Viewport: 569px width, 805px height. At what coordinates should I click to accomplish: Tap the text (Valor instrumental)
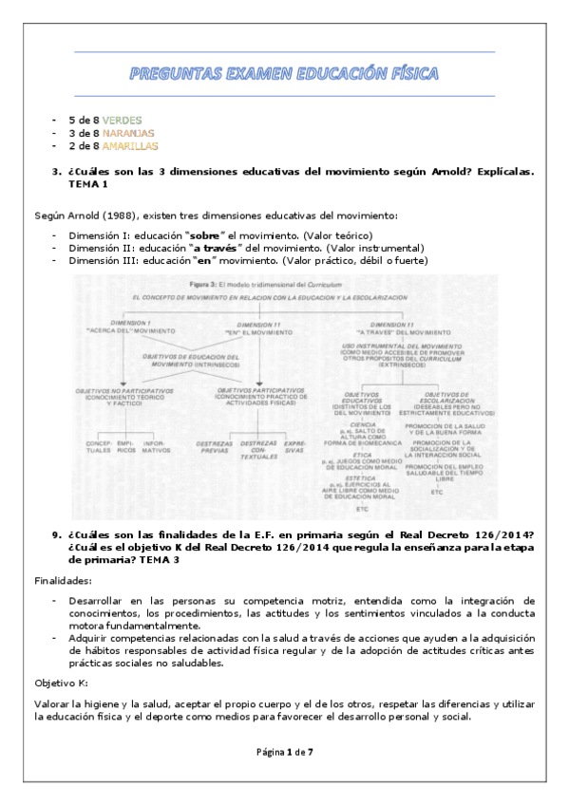point(374,248)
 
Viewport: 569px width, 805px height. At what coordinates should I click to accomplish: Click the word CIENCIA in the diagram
point(362,424)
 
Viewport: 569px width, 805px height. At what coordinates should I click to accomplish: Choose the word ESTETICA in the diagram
point(362,477)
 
